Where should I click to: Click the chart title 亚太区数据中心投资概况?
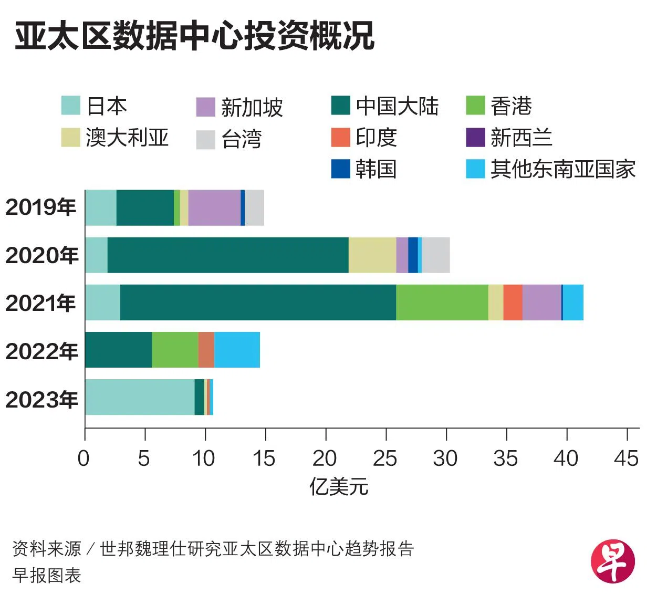(x=194, y=36)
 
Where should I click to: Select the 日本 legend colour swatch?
(x=71, y=106)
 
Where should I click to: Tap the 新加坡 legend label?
(x=252, y=107)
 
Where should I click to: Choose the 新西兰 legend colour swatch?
(x=475, y=137)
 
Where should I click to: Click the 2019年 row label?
(x=41, y=207)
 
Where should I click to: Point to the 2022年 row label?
(x=41, y=351)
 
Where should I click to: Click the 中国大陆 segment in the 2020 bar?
(x=228, y=255)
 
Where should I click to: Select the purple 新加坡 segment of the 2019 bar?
(x=214, y=207)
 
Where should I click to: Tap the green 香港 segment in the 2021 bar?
(x=442, y=303)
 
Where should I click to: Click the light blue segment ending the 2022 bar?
(x=237, y=350)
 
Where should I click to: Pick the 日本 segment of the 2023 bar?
(x=140, y=397)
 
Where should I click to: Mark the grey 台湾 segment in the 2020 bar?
(x=436, y=255)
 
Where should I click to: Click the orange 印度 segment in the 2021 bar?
(x=513, y=303)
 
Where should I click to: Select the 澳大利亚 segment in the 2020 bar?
(x=372, y=255)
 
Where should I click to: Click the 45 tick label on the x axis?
(x=626, y=458)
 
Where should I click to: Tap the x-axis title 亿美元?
(x=339, y=487)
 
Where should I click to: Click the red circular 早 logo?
(x=613, y=562)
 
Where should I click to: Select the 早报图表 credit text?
(x=47, y=576)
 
